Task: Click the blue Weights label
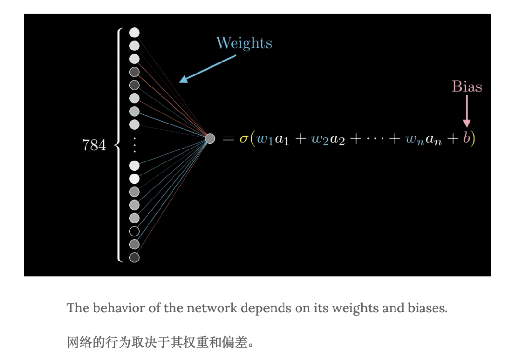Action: point(244,43)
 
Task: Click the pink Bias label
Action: point(466,87)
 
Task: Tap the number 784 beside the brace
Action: point(94,145)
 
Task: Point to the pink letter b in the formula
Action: point(466,138)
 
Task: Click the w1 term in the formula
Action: point(263,139)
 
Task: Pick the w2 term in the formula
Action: point(319,139)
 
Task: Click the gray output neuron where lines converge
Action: point(210,138)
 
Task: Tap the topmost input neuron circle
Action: point(135,33)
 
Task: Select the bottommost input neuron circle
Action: point(135,258)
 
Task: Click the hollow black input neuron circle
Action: point(135,231)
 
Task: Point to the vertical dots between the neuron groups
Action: point(135,145)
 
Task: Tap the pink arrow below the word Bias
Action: point(466,112)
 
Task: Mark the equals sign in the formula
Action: point(228,139)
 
